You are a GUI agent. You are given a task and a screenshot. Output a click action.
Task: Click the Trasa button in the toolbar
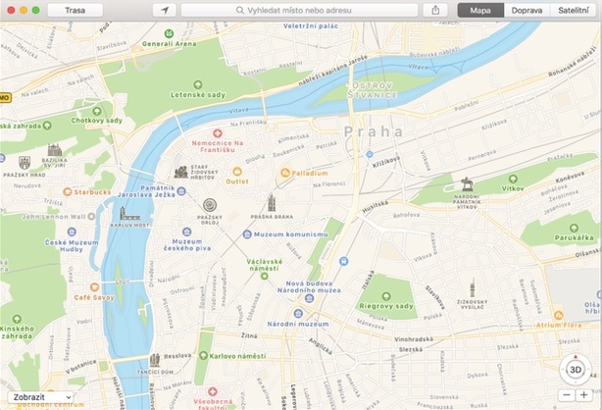click(x=75, y=10)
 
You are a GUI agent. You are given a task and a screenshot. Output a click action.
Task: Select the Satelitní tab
click(x=575, y=10)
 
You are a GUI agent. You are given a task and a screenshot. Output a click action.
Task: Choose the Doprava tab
click(x=527, y=10)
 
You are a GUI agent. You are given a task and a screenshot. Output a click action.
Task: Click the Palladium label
click(x=310, y=173)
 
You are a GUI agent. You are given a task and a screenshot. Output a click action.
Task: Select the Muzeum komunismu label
click(x=289, y=234)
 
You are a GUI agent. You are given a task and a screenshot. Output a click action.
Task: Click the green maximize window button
click(x=36, y=10)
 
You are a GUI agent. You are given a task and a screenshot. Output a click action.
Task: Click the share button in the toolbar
click(x=435, y=10)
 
